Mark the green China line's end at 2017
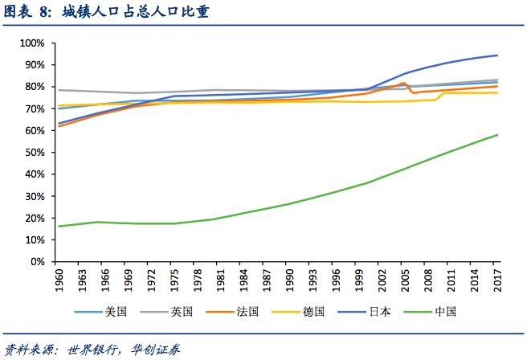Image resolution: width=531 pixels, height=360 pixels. coord(497,135)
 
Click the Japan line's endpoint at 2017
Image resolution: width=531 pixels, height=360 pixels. coord(497,55)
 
